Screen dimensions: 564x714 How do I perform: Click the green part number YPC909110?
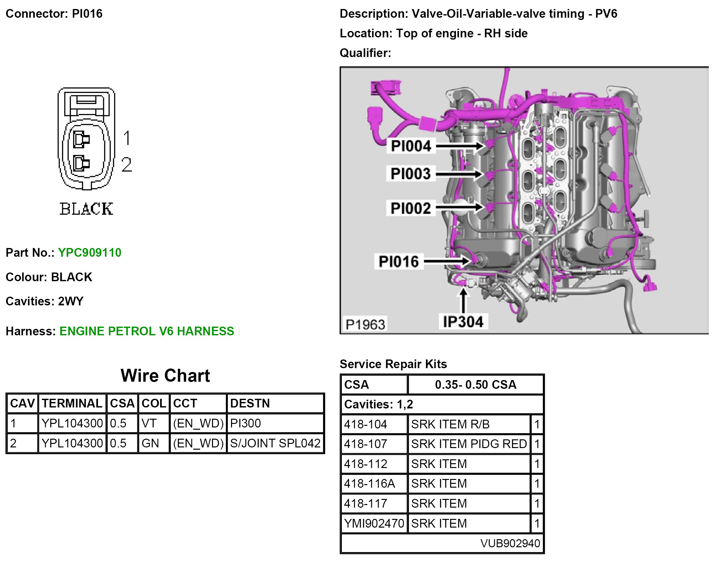pos(90,253)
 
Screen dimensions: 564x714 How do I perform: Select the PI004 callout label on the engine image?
pos(410,146)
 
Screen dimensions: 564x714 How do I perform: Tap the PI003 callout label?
pos(410,174)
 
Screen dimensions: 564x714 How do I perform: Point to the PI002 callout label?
pos(410,208)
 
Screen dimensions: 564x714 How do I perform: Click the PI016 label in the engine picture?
pos(399,262)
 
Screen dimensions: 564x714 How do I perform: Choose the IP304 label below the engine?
pos(463,322)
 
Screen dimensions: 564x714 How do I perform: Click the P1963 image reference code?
pos(365,325)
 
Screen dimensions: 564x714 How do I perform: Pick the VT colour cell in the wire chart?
pos(149,423)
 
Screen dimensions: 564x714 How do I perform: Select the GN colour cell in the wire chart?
pos(150,443)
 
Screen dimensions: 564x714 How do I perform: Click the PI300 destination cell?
pos(246,423)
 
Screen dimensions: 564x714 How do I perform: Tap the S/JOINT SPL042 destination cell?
pos(275,443)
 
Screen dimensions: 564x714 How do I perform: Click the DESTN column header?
pos(250,403)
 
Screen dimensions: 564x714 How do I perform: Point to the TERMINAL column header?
pos(72,403)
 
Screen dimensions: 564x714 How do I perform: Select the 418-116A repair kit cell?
pos(370,483)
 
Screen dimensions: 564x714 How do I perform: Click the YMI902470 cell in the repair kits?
pos(374,523)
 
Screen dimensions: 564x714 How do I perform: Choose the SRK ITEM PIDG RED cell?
pos(468,444)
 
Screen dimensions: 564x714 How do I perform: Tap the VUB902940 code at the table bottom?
pos(510,543)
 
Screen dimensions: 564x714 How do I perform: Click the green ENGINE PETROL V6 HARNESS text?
pos(147,331)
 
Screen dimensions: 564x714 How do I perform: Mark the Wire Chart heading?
pos(165,376)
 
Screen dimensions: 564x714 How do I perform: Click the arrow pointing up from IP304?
pos(463,301)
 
